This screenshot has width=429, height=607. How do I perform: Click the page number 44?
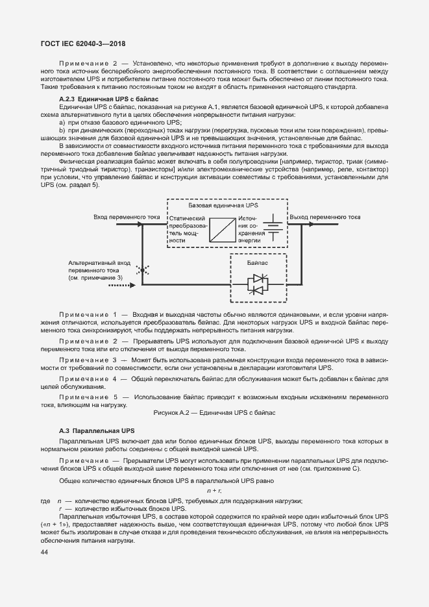pos(44,552)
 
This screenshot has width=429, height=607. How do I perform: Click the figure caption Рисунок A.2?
pos(214,412)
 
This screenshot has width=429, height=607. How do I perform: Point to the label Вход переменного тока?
pos(126,217)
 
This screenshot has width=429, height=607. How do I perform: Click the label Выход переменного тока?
pos(325,217)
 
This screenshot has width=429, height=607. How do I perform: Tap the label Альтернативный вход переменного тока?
pos(99,266)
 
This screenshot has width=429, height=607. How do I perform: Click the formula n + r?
pos(214,491)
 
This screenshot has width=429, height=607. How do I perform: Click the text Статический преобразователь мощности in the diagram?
pos(187,229)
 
